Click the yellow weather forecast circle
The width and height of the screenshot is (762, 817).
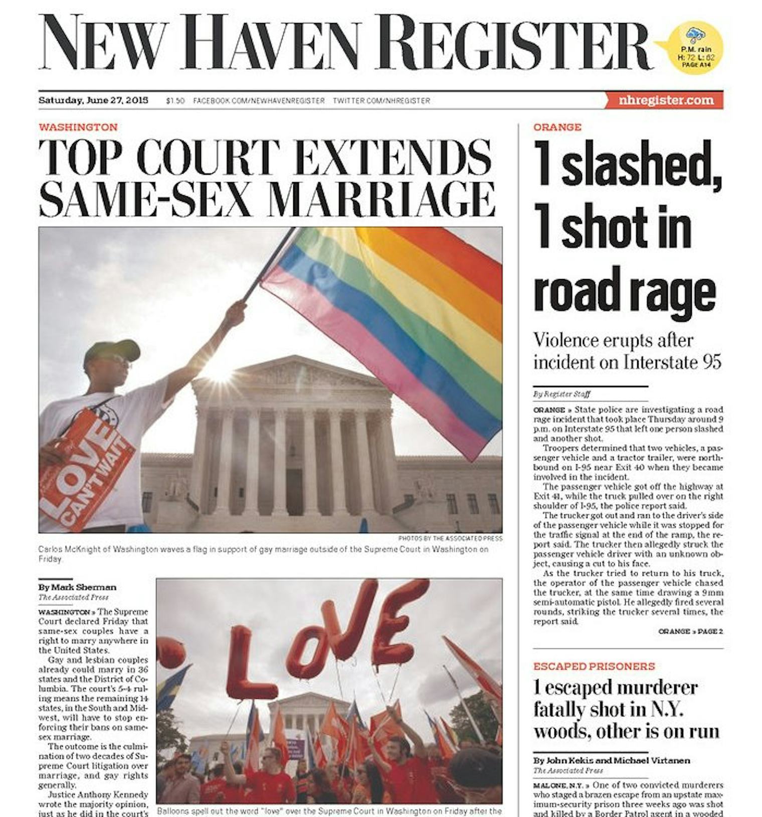pyautogui.click(x=696, y=48)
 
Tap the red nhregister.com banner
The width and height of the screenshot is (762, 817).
pyautogui.click(x=665, y=100)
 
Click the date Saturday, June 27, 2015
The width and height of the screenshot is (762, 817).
pyautogui.click(x=93, y=100)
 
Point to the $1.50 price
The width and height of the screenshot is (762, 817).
pyautogui.click(x=175, y=101)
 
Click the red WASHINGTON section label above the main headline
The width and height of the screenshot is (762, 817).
pyautogui.click(x=78, y=127)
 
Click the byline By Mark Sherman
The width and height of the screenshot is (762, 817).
pyautogui.click(x=77, y=587)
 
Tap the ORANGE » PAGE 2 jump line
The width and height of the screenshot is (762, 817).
pyautogui.click(x=690, y=631)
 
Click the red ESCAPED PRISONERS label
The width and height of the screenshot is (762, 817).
pyautogui.click(x=594, y=666)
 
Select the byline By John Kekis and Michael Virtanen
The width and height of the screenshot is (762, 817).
pyautogui.click(x=612, y=760)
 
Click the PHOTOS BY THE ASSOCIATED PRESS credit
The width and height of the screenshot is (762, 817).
pyautogui.click(x=450, y=538)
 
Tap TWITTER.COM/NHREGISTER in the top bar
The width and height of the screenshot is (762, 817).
pyautogui.click(x=382, y=101)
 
